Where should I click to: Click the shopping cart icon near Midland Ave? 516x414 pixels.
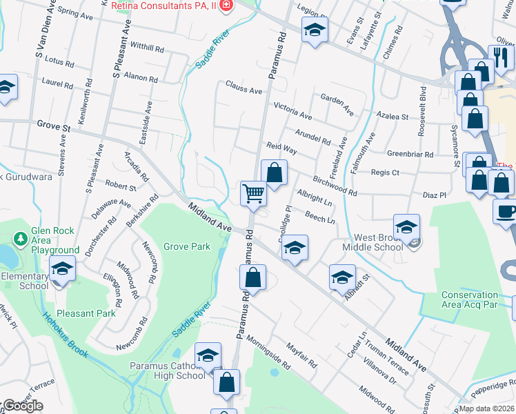(254, 194)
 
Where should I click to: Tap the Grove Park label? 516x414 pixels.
(186, 246)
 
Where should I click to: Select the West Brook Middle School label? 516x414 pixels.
(373, 246)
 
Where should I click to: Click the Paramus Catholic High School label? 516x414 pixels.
(168, 371)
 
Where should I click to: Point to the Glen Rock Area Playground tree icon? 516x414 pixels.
(21, 239)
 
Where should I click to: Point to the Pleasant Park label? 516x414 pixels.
(86, 313)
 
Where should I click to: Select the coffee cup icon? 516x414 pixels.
(506, 210)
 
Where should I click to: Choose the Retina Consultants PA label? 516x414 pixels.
(164, 6)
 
